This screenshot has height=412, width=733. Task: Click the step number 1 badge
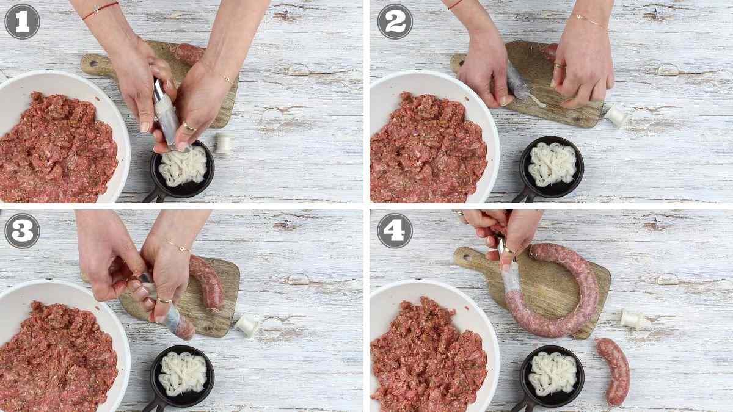[22, 21]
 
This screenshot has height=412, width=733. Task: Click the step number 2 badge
[395, 21]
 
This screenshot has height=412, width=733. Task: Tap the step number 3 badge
[22, 231]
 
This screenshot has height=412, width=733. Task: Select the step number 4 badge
[395, 231]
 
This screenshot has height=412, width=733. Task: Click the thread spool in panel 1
[224, 143]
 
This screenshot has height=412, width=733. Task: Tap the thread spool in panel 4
[631, 319]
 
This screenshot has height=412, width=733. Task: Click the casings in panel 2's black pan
[552, 164]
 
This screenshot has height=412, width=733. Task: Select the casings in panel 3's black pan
[183, 372]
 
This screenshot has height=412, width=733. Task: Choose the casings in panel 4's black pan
[552, 372]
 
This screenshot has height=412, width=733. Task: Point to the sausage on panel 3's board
[208, 281]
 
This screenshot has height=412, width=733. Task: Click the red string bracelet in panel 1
[100, 9]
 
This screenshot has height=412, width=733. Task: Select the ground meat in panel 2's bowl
[428, 150]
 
